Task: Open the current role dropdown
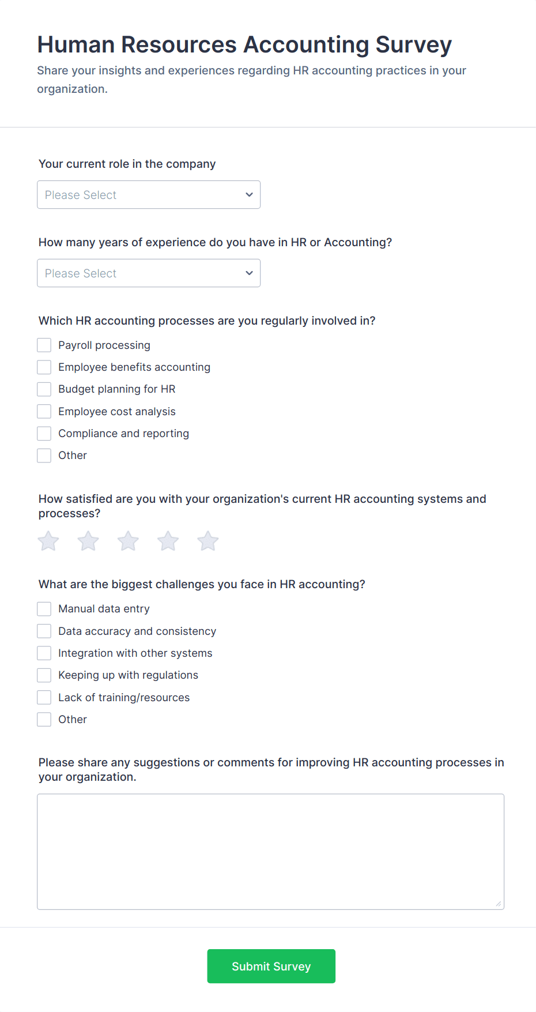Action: pos(149,195)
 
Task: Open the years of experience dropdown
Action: pos(149,273)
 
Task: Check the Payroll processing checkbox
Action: pos(44,345)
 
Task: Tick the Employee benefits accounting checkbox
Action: pos(44,367)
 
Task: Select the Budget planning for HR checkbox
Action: pos(44,389)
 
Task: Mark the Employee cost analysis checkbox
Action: pos(44,412)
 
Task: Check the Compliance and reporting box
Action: pos(44,434)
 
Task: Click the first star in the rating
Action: pos(48,541)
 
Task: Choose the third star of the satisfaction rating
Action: pos(128,541)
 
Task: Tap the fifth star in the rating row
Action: pos(208,541)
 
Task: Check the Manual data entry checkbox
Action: pos(44,609)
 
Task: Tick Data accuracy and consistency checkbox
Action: pos(44,631)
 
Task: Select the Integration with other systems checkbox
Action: pos(44,653)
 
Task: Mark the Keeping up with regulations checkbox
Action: pos(44,675)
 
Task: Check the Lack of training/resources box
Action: pos(44,698)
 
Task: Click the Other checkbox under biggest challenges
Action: pos(44,720)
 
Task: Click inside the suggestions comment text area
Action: pos(270,851)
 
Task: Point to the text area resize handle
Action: pos(499,904)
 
